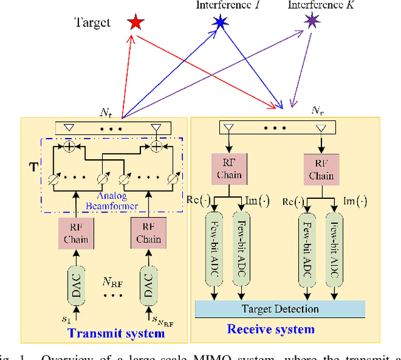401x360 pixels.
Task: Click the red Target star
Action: [x=135, y=23]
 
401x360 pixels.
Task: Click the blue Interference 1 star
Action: [x=219, y=23]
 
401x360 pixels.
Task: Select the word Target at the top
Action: [x=92, y=23]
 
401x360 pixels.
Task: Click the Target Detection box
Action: [x=279, y=309]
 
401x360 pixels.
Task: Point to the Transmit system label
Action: [x=116, y=333]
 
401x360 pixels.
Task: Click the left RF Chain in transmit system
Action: [x=75, y=233]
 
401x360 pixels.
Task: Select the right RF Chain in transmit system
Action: [x=148, y=233]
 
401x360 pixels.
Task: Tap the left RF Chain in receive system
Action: [x=230, y=170]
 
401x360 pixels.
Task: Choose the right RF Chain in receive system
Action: [x=321, y=170]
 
